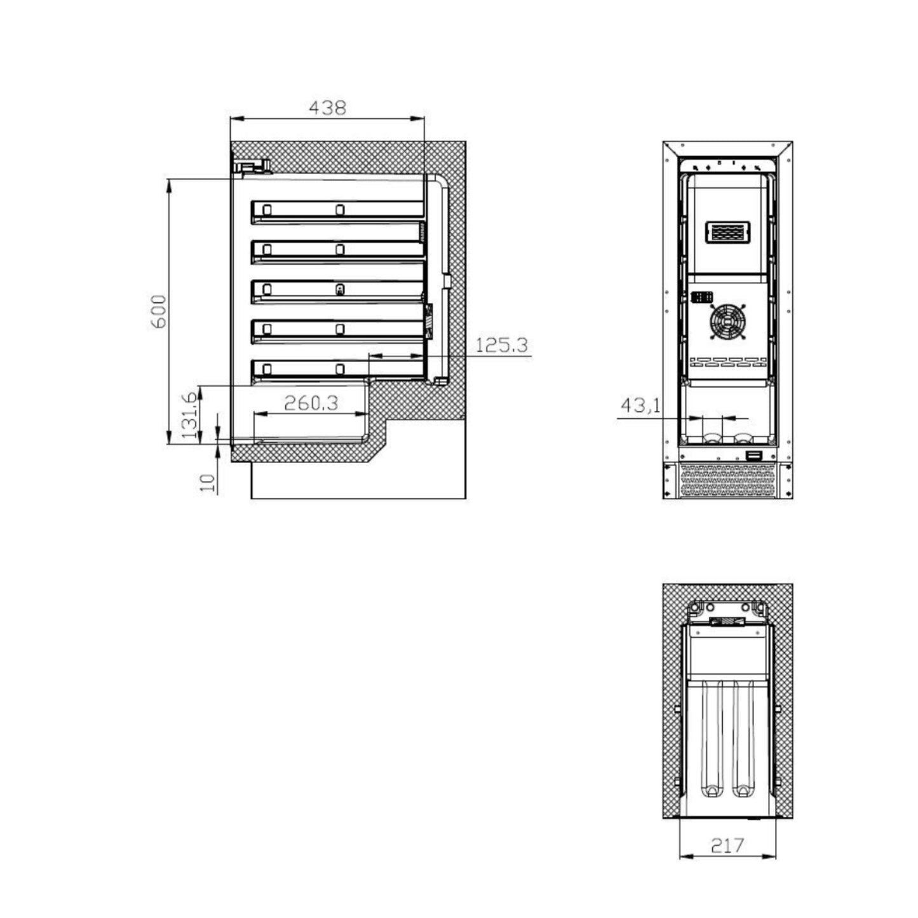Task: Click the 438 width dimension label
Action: (327, 108)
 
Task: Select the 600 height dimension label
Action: (158, 311)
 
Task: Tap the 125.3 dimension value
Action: (501, 345)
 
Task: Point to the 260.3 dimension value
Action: (311, 403)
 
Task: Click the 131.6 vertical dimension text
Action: (190, 415)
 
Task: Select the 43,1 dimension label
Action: (640, 405)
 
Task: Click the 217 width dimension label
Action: (727, 845)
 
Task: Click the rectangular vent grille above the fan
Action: (727, 232)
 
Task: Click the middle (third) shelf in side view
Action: (337, 290)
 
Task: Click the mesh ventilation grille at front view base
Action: (727, 481)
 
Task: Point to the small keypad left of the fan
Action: (701, 297)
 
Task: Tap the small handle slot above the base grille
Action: (754, 455)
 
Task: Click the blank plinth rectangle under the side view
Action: (358, 481)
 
